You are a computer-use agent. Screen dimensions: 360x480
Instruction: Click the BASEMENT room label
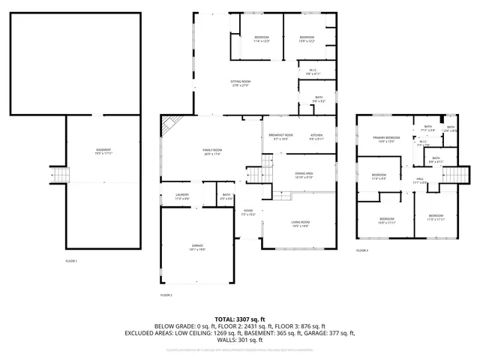pos(103,151)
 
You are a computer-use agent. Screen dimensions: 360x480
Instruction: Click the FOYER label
pos(248,212)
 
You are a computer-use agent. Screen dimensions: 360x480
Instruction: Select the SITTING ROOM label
pos(240,82)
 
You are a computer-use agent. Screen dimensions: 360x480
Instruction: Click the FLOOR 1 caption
pos(71,260)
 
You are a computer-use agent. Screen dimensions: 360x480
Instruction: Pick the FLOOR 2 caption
pos(166,295)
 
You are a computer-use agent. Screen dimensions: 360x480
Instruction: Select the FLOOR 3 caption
pos(362,250)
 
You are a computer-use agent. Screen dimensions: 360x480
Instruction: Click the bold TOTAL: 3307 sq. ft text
pos(239,318)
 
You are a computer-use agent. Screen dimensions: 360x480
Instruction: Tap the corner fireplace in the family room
pos(171,124)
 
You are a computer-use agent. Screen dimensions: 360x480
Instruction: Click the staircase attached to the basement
pos(58,175)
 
